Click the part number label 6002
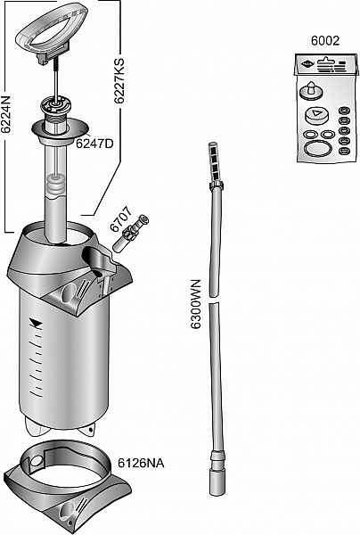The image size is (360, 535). point(325,41)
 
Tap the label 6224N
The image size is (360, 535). point(6,115)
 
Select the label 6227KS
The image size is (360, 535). point(119,81)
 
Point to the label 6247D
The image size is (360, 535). point(94,144)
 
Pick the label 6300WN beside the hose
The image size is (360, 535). point(196,304)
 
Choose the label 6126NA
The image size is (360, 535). point(141,463)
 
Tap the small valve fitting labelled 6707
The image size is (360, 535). point(131,234)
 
